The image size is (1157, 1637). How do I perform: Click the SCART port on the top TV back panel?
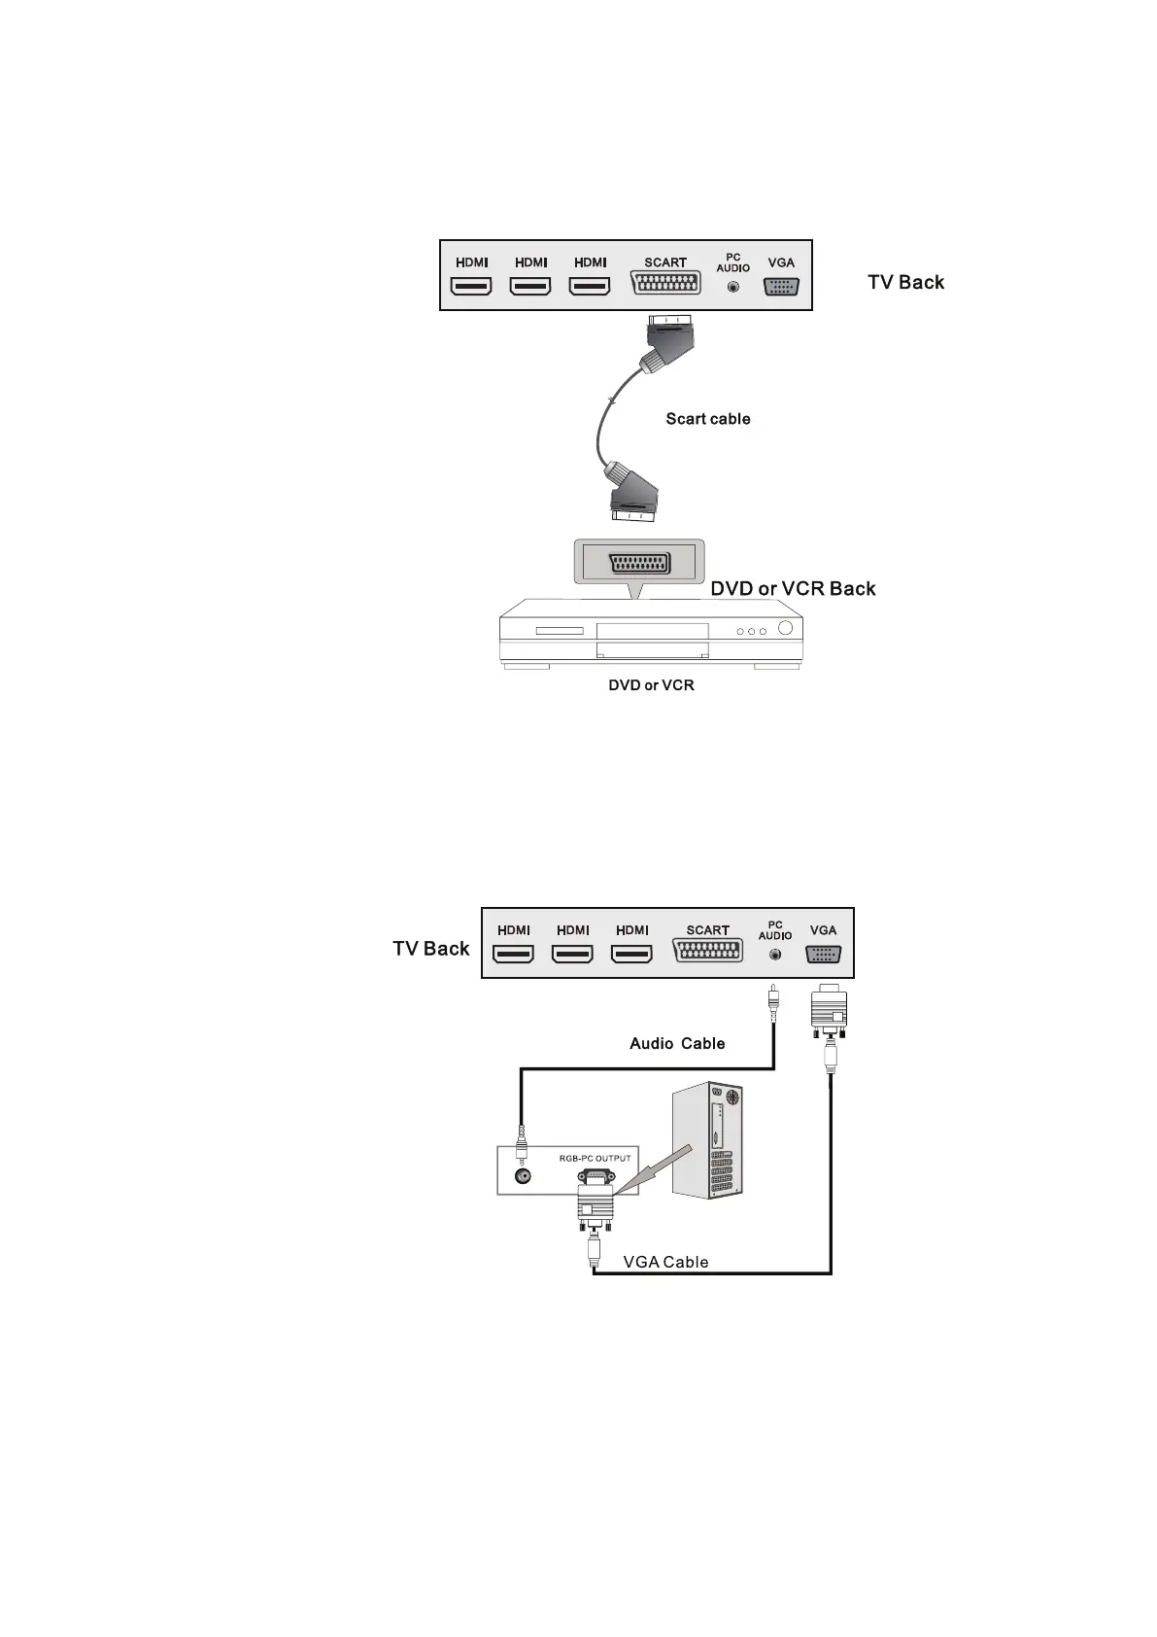[x=665, y=284]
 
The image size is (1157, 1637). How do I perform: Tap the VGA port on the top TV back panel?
[x=781, y=287]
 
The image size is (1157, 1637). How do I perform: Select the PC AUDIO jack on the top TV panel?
[x=733, y=287]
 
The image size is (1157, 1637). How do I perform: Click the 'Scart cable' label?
[x=707, y=419]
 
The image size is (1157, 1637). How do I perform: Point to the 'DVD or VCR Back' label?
[x=793, y=588]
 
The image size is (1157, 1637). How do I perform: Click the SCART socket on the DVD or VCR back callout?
[x=638, y=566]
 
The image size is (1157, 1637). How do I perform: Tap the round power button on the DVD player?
[x=785, y=628]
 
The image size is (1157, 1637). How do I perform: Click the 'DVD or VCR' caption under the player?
[x=651, y=685]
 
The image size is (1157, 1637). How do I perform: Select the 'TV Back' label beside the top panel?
[x=905, y=282]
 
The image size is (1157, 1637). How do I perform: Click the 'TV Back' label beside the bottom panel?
[x=430, y=949]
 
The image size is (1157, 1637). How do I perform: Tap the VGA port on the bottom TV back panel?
[x=823, y=955]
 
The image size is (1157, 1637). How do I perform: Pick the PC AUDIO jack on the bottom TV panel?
[x=774, y=955]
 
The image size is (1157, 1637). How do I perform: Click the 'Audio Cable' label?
[x=677, y=1043]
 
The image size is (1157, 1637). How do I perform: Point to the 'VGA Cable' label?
[x=665, y=1262]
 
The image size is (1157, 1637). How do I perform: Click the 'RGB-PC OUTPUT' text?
[x=595, y=1158]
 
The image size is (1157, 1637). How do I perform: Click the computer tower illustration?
[x=708, y=1141]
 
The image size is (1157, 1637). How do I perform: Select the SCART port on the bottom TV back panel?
[x=707, y=952]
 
